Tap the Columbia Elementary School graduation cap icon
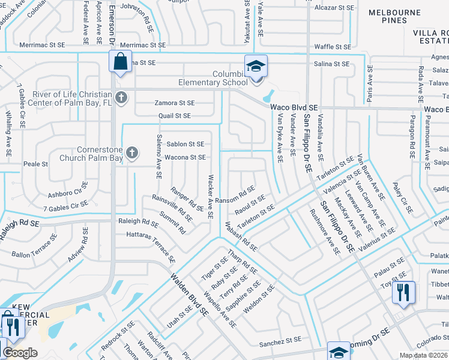click(256, 67)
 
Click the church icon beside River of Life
click(121, 97)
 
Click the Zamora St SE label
click(175, 103)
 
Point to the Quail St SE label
click(175, 115)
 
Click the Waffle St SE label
click(333, 46)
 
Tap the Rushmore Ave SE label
click(325, 230)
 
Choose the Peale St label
click(35, 163)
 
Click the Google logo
click(20, 353)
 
